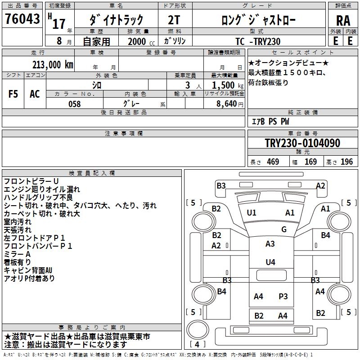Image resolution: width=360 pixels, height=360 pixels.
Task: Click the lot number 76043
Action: (22, 19)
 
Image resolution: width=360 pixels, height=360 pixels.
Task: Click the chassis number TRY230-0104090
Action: (302, 144)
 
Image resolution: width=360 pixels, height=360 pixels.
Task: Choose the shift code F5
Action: (13, 94)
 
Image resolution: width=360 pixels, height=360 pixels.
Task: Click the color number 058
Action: (74, 104)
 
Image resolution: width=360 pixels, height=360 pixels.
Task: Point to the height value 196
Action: (346, 162)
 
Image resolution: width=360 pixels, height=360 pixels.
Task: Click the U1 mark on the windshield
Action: (252, 213)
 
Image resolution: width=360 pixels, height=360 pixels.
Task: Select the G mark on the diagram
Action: (283, 229)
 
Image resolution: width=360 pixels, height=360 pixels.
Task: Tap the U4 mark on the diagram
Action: (270, 262)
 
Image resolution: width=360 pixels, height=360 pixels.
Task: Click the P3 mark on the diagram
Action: (283, 296)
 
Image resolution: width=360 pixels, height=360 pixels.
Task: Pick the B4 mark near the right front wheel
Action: (325, 235)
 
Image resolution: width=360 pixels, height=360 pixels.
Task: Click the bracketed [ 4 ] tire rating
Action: (197, 345)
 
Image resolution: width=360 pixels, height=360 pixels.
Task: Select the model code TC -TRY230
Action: (258, 41)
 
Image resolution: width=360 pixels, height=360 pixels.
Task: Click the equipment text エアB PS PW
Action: (270, 122)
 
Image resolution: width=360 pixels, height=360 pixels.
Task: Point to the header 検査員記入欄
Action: (92, 173)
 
